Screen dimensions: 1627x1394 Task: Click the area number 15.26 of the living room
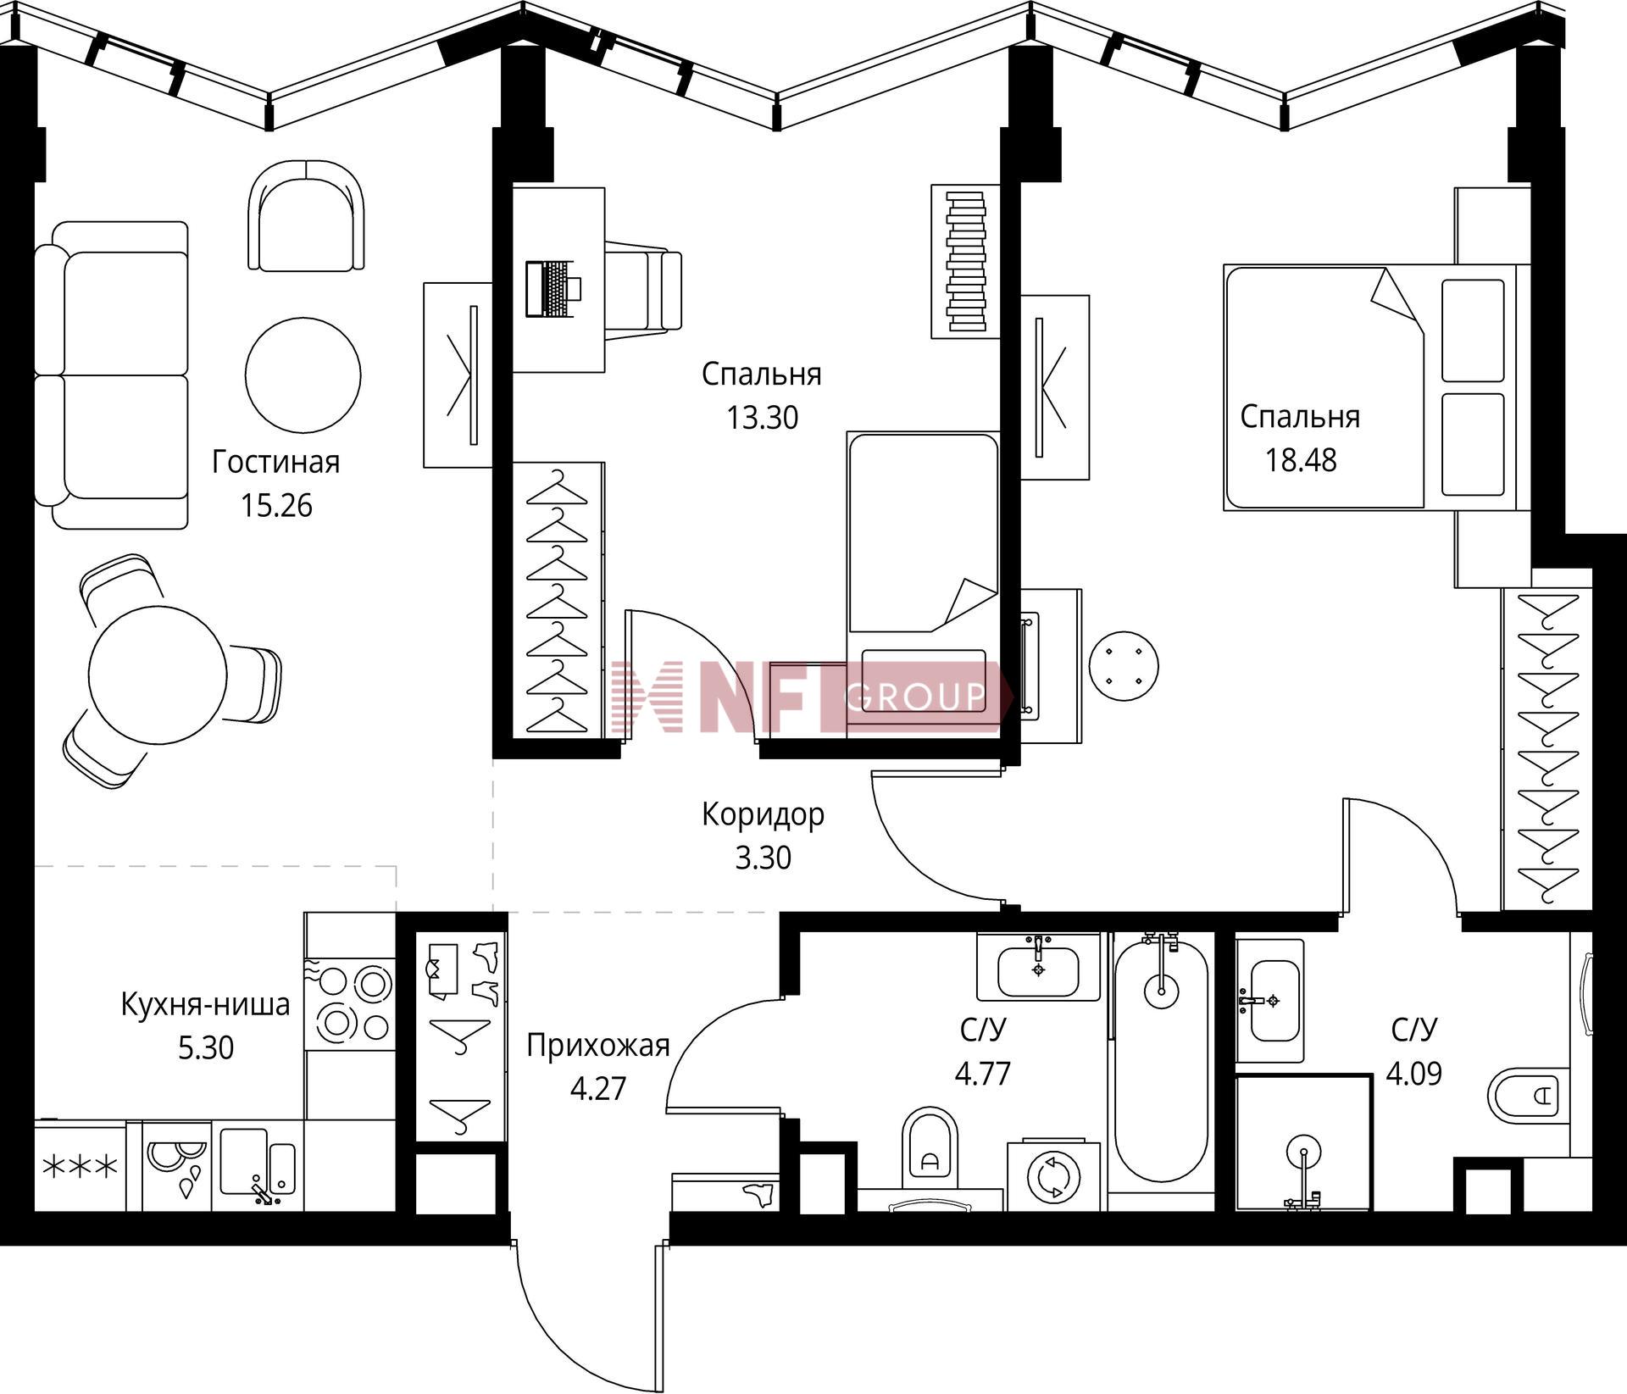[276, 506]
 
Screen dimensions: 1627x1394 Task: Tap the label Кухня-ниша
[205, 1004]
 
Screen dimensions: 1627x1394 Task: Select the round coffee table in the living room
[303, 375]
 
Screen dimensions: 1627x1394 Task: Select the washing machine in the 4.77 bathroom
[1053, 1177]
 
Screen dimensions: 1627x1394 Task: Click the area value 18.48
[1301, 460]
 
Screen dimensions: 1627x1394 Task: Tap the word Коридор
[763, 814]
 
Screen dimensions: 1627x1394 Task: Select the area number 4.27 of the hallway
[598, 1089]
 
